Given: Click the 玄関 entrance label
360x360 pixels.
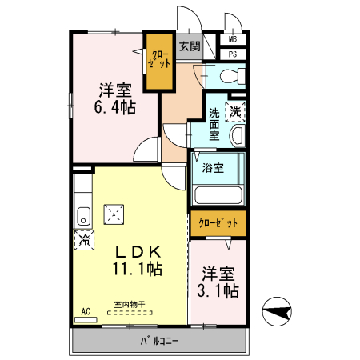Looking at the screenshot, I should click(x=190, y=47).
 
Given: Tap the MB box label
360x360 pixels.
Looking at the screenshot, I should click(x=233, y=39).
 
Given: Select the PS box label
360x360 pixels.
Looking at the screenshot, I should click(x=233, y=54).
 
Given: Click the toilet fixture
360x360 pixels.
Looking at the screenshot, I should click(x=229, y=77).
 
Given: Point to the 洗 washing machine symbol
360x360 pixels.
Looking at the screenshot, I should click(x=235, y=112).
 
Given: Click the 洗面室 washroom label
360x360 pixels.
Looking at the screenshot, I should click(x=214, y=124).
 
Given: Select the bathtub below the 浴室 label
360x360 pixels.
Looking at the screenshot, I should click(x=218, y=194).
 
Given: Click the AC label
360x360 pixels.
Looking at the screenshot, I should click(x=85, y=310).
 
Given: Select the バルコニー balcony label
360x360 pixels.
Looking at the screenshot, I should click(x=160, y=342).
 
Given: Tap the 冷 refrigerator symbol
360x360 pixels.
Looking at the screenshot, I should click(x=83, y=239).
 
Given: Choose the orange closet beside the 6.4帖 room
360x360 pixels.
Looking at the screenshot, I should click(x=158, y=60).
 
